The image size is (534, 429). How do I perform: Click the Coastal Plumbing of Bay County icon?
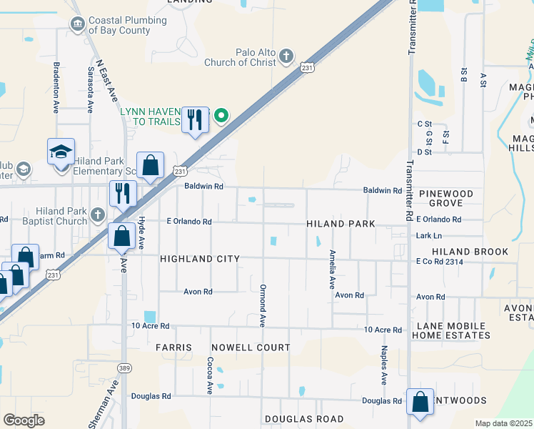(x=77, y=25)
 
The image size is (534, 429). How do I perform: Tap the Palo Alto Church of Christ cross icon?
(x=286, y=56)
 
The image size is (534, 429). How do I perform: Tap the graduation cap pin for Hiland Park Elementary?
(x=61, y=153)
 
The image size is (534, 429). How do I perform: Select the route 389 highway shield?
(x=124, y=367)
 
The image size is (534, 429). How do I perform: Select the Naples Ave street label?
(x=384, y=365)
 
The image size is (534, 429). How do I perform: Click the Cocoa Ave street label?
(x=210, y=375)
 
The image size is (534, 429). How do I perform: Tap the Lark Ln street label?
(x=429, y=235)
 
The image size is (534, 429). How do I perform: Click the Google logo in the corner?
(x=24, y=420)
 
